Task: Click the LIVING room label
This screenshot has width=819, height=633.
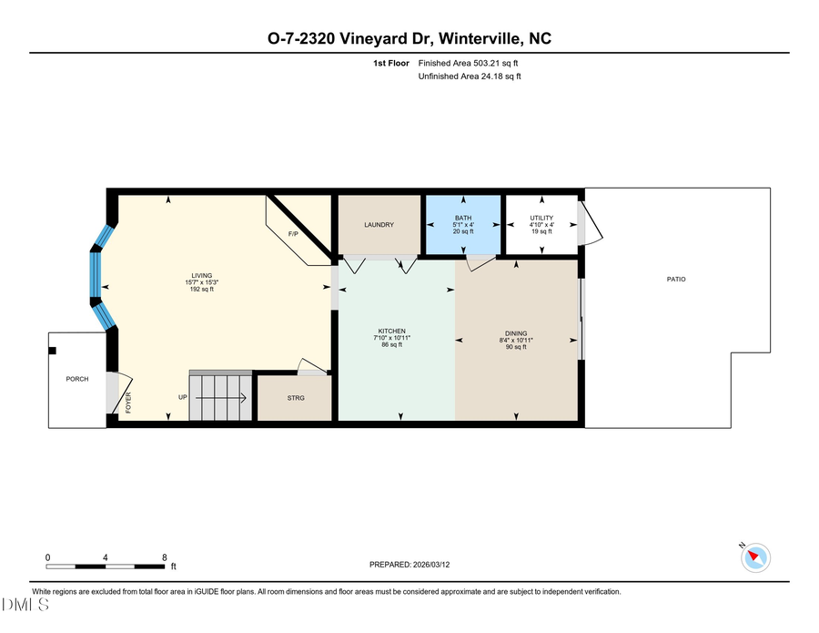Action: tap(201, 275)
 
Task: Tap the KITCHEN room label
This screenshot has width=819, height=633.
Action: tap(392, 331)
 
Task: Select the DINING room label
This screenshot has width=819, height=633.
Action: tap(517, 333)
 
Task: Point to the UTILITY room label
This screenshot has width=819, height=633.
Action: tap(541, 218)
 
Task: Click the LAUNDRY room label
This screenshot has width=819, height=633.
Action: tap(379, 225)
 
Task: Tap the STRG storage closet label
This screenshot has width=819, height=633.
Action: tap(295, 398)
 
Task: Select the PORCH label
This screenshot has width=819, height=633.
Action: tap(77, 379)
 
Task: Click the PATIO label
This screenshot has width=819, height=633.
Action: tap(675, 279)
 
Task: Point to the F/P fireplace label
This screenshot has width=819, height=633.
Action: tap(293, 235)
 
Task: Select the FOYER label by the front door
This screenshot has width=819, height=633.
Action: tap(128, 403)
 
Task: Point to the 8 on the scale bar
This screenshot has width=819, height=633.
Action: tap(164, 556)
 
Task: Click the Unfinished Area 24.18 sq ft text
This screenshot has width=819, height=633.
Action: tap(470, 77)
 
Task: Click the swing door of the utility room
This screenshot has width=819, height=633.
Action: tap(588, 224)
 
